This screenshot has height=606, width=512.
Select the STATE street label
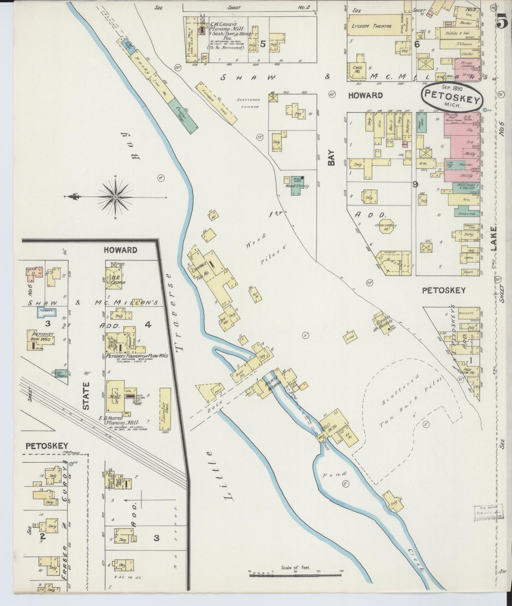86,395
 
